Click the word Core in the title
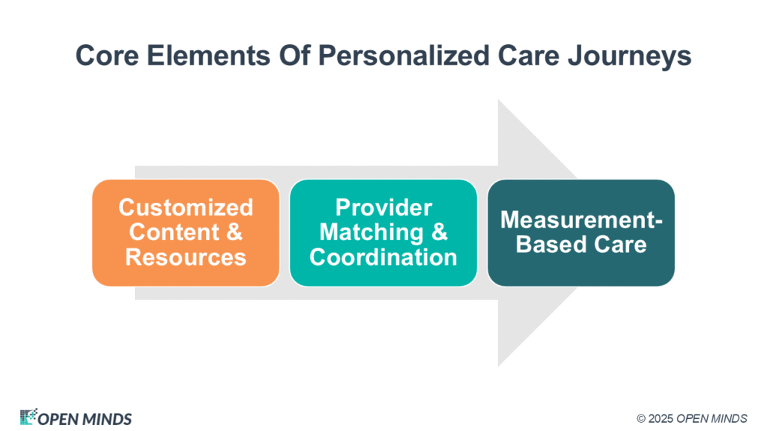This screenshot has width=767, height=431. coord(107,55)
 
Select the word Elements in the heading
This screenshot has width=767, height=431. coord(208,55)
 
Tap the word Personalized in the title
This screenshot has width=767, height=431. coord(404,55)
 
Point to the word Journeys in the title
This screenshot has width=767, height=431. coord(629,56)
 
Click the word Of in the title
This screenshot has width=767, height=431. coord(294,55)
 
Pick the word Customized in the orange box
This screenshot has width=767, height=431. coord(186,207)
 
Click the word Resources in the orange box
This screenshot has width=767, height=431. coord(186,257)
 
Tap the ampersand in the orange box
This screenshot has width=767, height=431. coord(234,232)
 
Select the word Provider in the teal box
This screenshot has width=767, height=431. coord(383,207)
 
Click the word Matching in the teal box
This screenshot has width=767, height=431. coord(372,232)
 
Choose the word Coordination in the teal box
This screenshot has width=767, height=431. coord(383,257)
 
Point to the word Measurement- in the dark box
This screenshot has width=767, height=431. coord(581,220)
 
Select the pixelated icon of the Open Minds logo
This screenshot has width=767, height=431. coord(28,417)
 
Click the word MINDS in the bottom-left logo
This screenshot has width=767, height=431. coord(107,419)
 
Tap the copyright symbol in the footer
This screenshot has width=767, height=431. coord(641,419)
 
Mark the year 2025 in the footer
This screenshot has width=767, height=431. coord(661,419)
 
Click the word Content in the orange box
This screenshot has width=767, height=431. coord(174,232)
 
